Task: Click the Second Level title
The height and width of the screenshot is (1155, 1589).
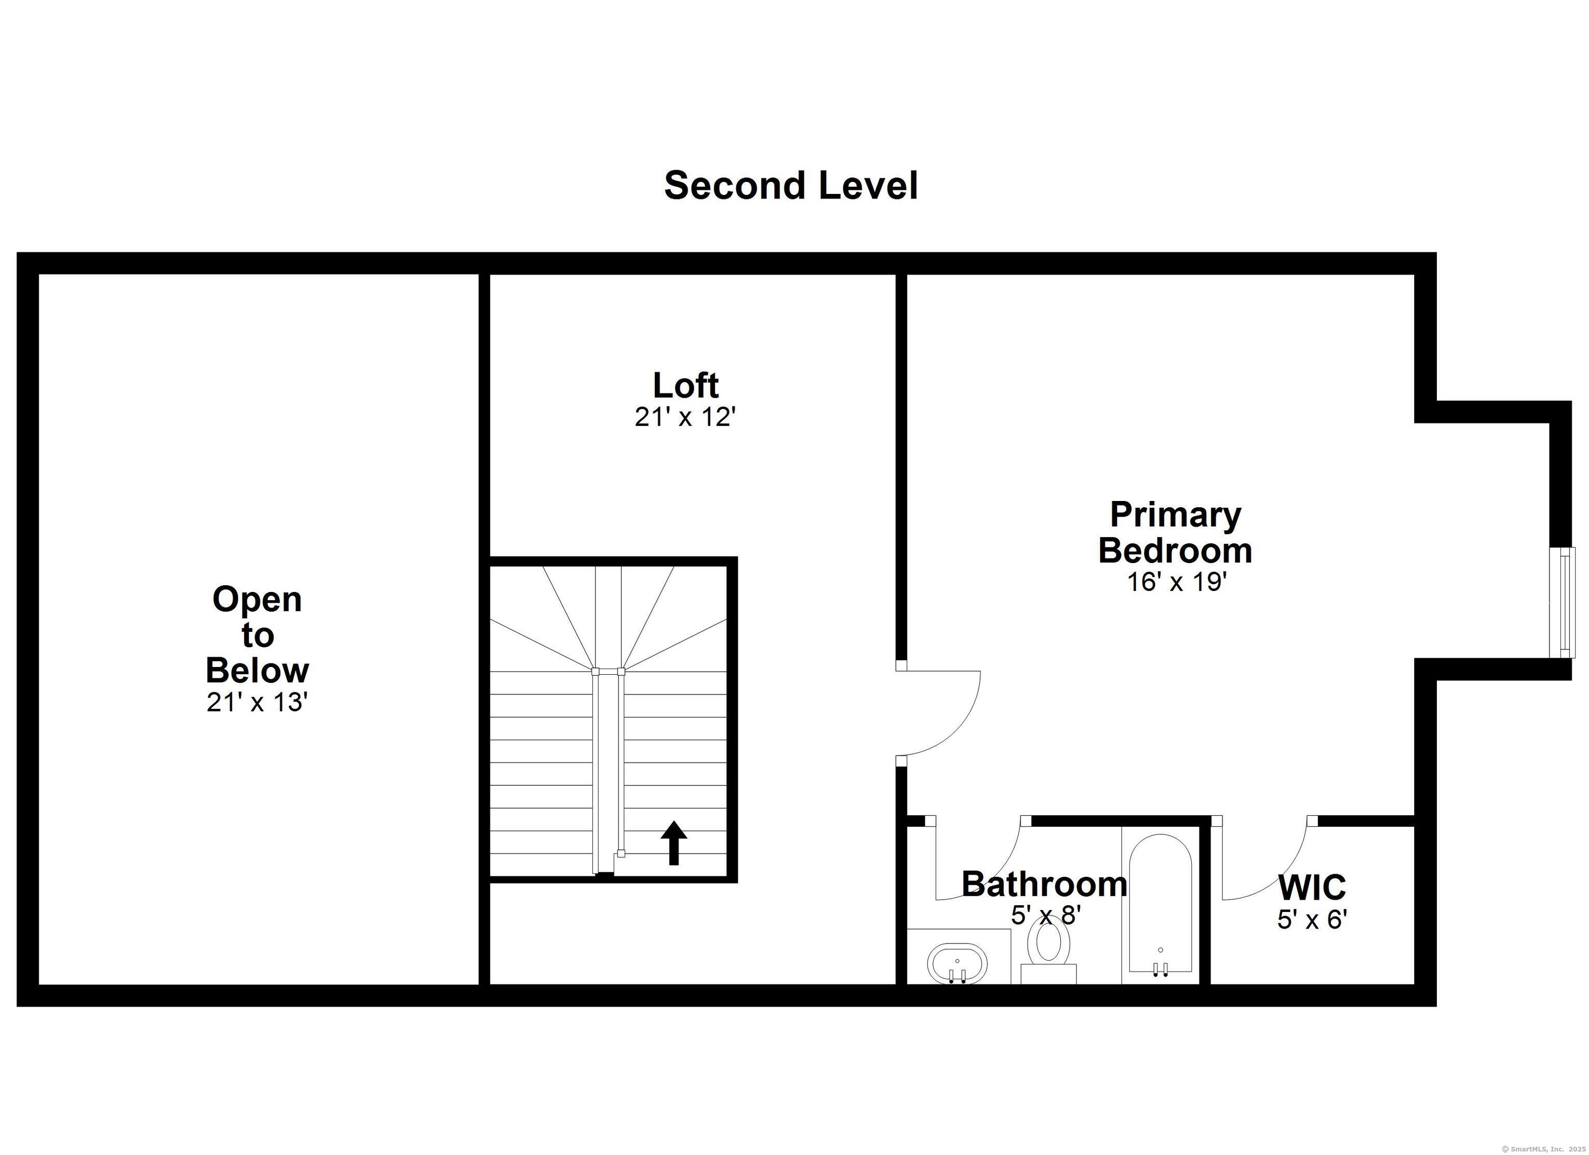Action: coord(791,186)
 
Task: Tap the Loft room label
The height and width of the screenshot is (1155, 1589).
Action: coord(685,385)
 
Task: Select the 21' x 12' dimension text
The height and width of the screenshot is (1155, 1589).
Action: coord(685,417)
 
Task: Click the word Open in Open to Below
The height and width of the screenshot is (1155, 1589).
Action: coord(257,600)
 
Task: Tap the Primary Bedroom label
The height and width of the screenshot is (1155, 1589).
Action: coord(1175,533)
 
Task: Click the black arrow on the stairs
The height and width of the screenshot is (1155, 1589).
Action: coord(674,843)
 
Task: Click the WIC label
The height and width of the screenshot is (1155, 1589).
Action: coord(1312,887)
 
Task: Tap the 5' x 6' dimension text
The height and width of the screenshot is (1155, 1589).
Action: coord(1312,919)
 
